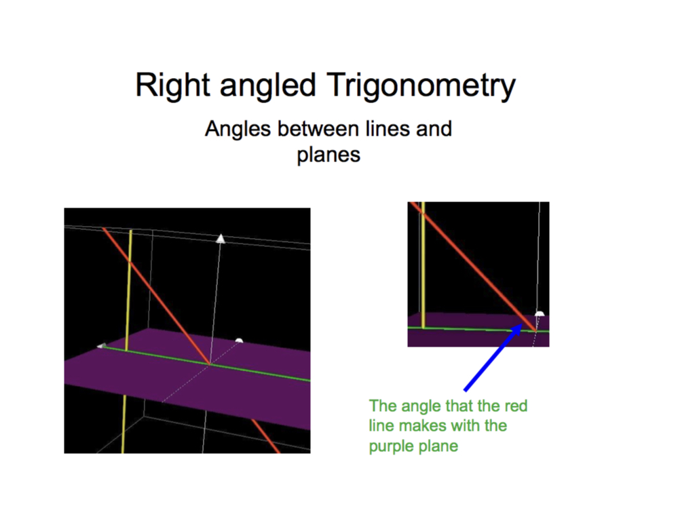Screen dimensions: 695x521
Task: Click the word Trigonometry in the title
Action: click(421, 86)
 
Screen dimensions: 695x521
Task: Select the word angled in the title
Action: click(267, 86)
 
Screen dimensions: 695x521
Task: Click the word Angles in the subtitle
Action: click(238, 130)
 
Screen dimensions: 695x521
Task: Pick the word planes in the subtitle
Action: click(328, 156)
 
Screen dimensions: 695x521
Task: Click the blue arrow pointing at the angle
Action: click(493, 358)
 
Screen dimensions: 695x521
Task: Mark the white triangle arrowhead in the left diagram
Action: click(221, 239)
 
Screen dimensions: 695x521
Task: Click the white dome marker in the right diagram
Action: click(540, 313)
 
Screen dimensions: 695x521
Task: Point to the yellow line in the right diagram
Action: click(424, 265)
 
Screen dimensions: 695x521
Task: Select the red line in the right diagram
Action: click(473, 266)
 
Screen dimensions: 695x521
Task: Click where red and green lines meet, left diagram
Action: click(209, 364)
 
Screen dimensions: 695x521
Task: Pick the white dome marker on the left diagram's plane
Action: click(239, 341)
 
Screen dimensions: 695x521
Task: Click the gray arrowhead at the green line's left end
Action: click(102, 345)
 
